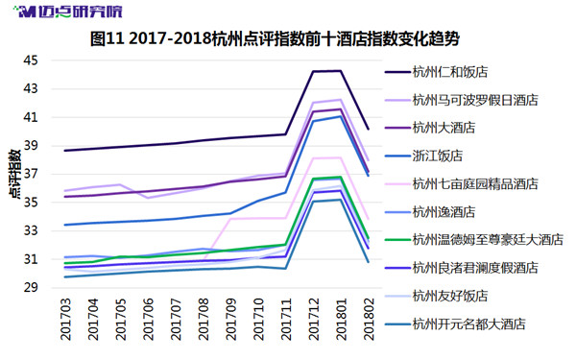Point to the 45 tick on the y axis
[x=31, y=60]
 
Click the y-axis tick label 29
[x=31, y=287]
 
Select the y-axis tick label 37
[x=31, y=174]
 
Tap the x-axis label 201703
[x=65, y=320]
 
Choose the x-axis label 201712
[x=314, y=320]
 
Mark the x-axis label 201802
[x=369, y=320]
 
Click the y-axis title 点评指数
[x=15, y=174]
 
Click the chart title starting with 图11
[x=275, y=38]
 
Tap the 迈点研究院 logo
[x=67, y=12]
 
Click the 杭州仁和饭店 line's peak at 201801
[x=341, y=71]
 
